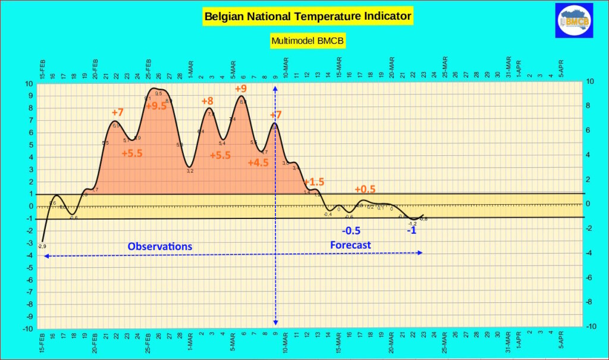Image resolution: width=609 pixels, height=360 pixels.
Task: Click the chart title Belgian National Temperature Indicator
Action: [308, 16]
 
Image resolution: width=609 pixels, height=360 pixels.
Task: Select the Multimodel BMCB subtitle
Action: [308, 41]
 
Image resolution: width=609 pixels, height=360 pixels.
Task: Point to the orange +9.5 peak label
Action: [156, 106]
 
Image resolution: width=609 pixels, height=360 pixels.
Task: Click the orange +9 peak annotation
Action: [241, 89]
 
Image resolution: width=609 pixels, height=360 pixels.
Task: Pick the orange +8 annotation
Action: [208, 101]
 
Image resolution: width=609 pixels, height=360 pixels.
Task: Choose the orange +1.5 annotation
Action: [313, 181]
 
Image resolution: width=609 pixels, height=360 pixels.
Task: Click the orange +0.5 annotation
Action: [365, 189]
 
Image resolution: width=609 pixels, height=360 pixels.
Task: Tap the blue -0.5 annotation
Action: [351, 231]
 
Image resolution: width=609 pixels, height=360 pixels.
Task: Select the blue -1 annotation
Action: [411, 230]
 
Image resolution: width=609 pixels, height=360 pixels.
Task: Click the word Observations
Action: [160, 246]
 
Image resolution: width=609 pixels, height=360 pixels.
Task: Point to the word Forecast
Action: [350, 245]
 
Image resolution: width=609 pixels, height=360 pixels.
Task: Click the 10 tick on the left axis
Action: [29, 83]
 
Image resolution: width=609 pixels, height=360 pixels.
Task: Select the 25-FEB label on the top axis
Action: [149, 68]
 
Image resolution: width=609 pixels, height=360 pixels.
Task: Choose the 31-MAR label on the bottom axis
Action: [508, 342]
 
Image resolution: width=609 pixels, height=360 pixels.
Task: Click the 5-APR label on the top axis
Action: [561, 68]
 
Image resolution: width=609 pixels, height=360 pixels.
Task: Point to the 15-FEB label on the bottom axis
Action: [42, 344]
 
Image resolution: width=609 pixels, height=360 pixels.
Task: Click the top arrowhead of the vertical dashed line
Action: [275, 88]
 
